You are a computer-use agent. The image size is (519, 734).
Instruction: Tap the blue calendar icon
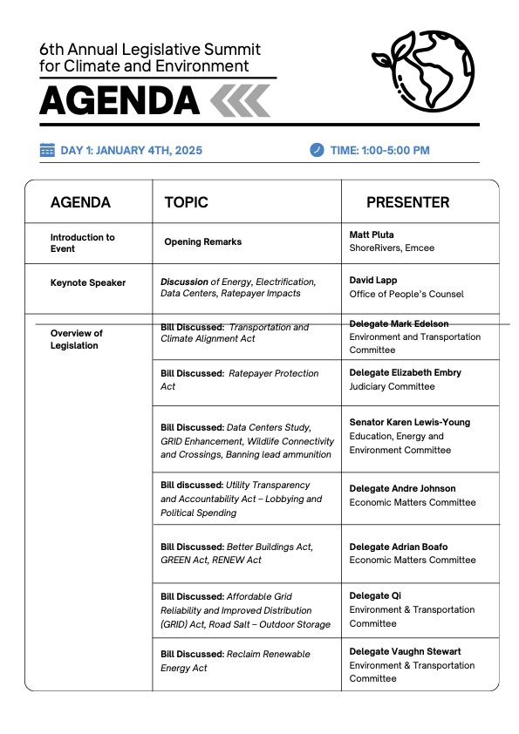click(x=47, y=150)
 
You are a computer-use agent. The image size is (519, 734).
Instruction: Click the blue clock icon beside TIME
click(x=317, y=150)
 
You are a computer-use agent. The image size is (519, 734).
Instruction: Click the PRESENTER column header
click(x=407, y=202)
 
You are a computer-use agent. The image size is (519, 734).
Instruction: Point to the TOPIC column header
click(x=186, y=202)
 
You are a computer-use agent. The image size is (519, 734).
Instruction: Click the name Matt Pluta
click(x=372, y=234)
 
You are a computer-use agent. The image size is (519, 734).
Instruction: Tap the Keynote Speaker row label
click(x=88, y=282)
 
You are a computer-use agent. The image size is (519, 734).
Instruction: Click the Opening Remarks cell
click(x=202, y=241)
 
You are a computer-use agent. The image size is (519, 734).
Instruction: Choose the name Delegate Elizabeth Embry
click(x=406, y=372)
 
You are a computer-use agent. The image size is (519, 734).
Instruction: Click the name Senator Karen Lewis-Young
click(x=409, y=422)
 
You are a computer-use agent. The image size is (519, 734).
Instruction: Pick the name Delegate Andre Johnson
click(x=402, y=488)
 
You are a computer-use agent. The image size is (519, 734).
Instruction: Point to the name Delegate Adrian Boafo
click(x=399, y=547)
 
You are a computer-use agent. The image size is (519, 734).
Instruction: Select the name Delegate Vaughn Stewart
click(x=405, y=651)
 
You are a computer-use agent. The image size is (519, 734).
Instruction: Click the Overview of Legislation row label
click(x=77, y=339)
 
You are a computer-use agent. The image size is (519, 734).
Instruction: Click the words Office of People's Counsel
click(x=406, y=295)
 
